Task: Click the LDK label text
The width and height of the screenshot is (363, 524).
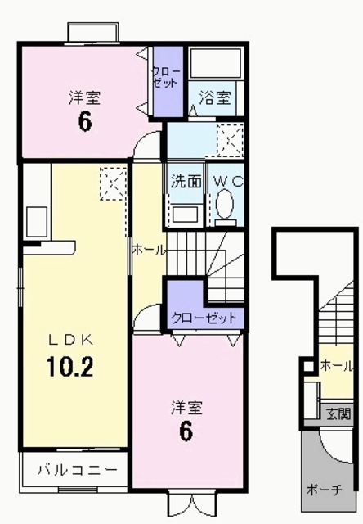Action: [71, 340]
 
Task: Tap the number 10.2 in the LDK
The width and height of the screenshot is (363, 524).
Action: [70, 367]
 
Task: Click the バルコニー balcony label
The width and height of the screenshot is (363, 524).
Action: [78, 470]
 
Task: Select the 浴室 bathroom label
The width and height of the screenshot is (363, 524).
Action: [215, 97]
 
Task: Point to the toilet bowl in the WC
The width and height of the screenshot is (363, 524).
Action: [225, 204]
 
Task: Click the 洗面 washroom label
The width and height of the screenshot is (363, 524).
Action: [186, 182]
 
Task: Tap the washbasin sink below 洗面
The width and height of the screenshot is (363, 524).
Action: [186, 215]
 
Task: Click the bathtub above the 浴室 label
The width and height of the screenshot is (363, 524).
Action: [216, 62]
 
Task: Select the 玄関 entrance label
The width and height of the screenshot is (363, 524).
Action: [338, 413]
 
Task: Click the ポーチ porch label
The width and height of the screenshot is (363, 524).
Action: [325, 490]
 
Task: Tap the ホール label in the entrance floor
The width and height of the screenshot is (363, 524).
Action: [336, 366]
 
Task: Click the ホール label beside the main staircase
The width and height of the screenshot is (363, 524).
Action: [149, 250]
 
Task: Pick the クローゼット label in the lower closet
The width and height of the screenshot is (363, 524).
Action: [204, 318]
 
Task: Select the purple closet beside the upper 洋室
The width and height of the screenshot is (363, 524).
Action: [168, 82]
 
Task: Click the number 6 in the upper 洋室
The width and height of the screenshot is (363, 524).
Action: [85, 122]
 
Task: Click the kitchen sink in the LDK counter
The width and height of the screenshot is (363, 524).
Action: [36, 222]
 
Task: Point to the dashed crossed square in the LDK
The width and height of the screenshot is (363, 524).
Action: [114, 183]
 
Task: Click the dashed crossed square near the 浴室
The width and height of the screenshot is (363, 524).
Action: [231, 140]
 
